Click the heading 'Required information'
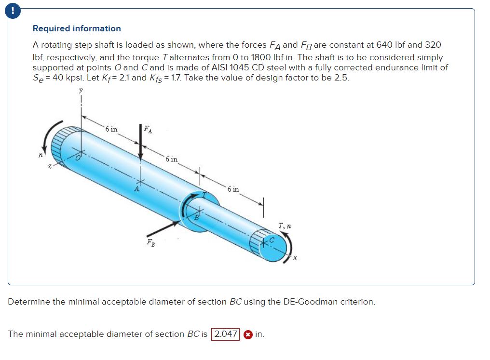(x=77, y=28)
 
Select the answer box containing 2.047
(x=226, y=334)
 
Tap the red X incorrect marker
(x=247, y=334)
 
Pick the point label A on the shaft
(x=137, y=189)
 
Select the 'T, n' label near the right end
(x=284, y=226)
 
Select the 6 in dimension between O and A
(x=111, y=129)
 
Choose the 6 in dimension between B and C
(x=232, y=189)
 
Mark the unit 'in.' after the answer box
(x=259, y=334)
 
